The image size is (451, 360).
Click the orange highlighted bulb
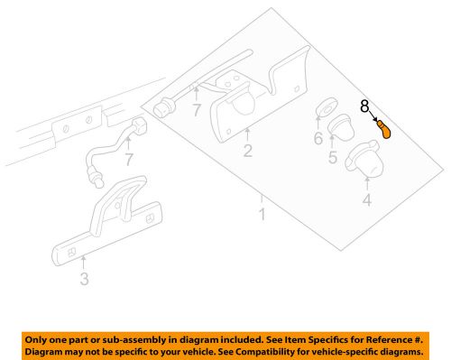tap(385, 131)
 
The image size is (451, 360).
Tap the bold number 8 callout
tap(365, 106)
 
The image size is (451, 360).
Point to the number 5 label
tap(331, 158)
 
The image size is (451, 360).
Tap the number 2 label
tap(246, 152)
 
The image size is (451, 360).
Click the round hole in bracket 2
tap(236, 106)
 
